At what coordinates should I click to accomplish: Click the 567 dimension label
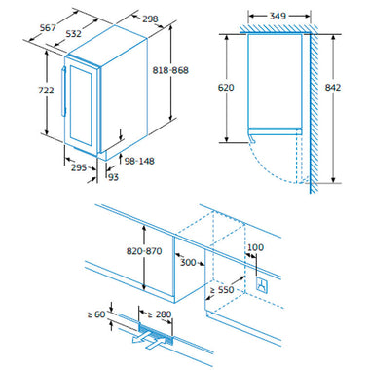pyautogui.click(x=48, y=28)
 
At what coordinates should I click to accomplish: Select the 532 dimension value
pyautogui.click(x=73, y=33)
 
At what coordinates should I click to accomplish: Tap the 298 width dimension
pyautogui.click(x=150, y=19)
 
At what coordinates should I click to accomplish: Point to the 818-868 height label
pyautogui.click(x=170, y=70)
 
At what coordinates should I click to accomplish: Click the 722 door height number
pyautogui.click(x=46, y=90)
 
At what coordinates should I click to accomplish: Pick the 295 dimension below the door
pyautogui.click(x=79, y=167)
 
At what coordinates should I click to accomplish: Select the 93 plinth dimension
pyautogui.click(x=113, y=177)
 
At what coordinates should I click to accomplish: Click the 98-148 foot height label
pyautogui.click(x=139, y=161)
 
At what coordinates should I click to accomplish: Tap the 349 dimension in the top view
pyautogui.click(x=277, y=16)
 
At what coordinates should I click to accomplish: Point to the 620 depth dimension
pyautogui.click(x=226, y=88)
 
